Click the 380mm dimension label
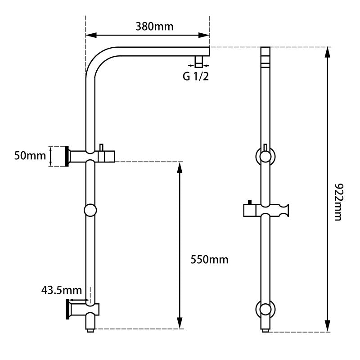point(154,26)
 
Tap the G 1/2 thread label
point(196,76)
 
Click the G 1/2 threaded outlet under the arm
point(198,60)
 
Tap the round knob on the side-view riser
point(91,210)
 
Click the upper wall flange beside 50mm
point(67,156)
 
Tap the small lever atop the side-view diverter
point(102,147)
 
